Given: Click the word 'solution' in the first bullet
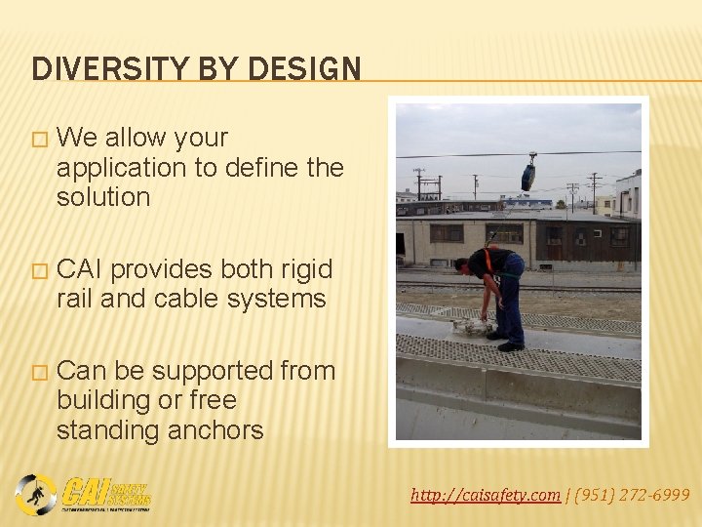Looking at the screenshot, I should tap(103, 197).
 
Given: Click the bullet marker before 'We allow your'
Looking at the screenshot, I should tap(38, 140).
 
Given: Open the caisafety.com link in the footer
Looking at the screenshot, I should tap(486, 496).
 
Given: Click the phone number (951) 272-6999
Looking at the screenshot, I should tap(631, 496).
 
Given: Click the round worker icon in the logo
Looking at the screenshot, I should tap(36, 494).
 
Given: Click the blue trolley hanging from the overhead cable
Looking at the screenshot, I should tap(527, 176).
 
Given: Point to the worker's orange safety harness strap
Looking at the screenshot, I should tap(489, 263).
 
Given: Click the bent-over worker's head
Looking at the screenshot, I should tap(463, 263).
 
